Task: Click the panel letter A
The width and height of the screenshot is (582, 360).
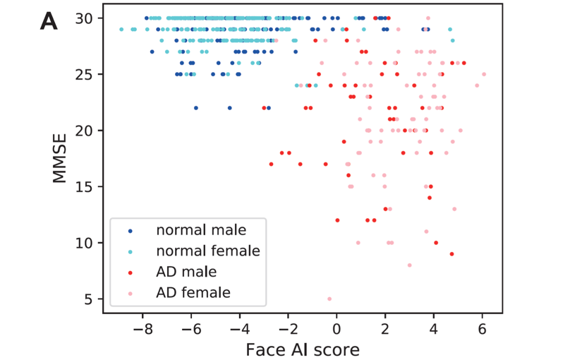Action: pyautogui.click(x=48, y=22)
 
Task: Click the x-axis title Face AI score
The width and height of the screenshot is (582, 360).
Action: pyautogui.click(x=303, y=349)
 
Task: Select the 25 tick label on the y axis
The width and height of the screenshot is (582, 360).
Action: pyautogui.click(x=87, y=74)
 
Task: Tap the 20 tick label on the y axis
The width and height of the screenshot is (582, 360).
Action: pyautogui.click(x=87, y=131)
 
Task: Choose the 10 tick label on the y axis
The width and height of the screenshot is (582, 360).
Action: pyautogui.click(x=87, y=243)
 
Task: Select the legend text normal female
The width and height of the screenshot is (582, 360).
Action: pyautogui.click(x=208, y=250)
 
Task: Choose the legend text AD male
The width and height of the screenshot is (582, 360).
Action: pyautogui.click(x=186, y=270)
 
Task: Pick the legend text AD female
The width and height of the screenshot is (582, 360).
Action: pyautogui.click(x=193, y=291)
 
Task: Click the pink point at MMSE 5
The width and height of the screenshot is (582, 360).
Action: pyautogui.click(x=329, y=299)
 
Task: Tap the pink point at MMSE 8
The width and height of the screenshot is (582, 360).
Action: pyautogui.click(x=409, y=265)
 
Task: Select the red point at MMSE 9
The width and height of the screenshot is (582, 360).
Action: pyautogui.click(x=451, y=254)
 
